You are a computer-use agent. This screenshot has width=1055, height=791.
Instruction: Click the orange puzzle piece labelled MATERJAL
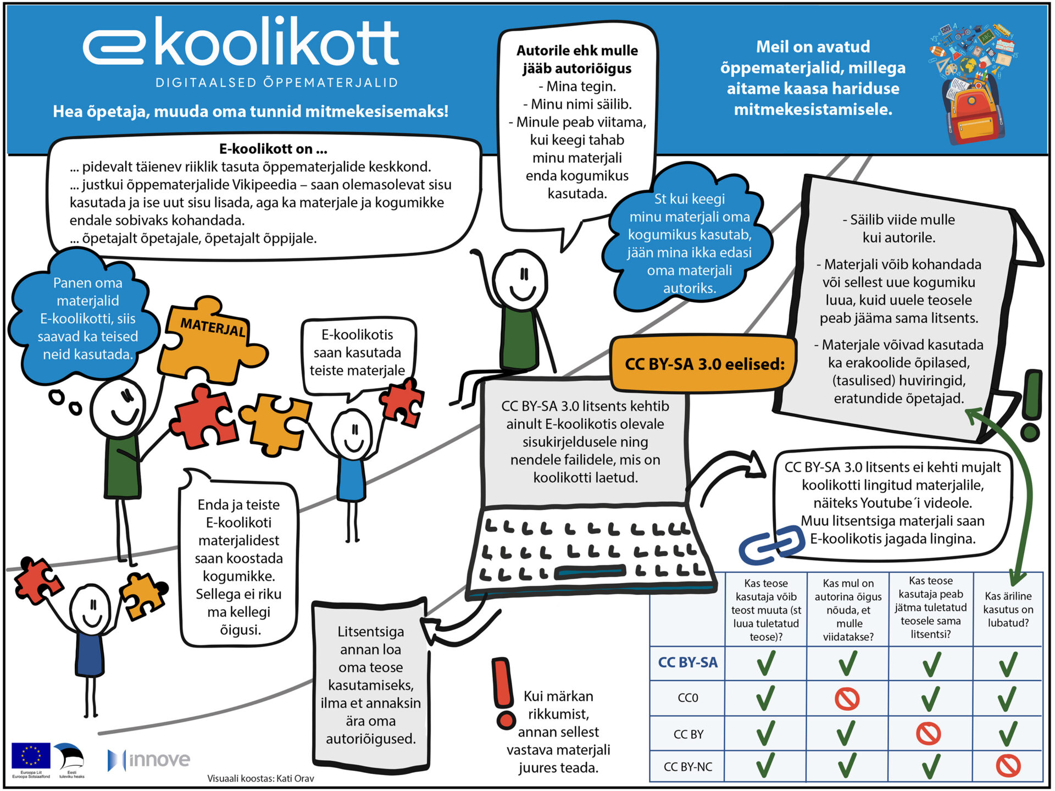(212, 338)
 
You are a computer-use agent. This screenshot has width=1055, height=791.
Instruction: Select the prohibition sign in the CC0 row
(847, 699)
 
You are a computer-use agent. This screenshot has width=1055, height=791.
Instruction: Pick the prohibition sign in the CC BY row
(929, 733)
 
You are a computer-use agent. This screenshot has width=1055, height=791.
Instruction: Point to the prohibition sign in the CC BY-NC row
(1008, 766)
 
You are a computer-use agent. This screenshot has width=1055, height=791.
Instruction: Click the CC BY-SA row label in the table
(687, 663)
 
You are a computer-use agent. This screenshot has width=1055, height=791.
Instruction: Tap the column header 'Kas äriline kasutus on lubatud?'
(1008, 609)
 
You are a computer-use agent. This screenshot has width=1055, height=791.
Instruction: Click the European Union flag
(31, 756)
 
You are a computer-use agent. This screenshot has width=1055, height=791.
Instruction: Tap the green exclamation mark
(1031, 404)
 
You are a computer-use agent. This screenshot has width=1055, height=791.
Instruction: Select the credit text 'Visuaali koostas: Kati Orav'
(260, 778)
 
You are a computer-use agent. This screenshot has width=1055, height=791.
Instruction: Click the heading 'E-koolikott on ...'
(273, 149)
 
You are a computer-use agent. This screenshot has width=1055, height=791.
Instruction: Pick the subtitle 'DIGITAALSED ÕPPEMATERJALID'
(277, 83)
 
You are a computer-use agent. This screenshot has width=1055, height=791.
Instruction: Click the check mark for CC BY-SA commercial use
(1008, 664)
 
